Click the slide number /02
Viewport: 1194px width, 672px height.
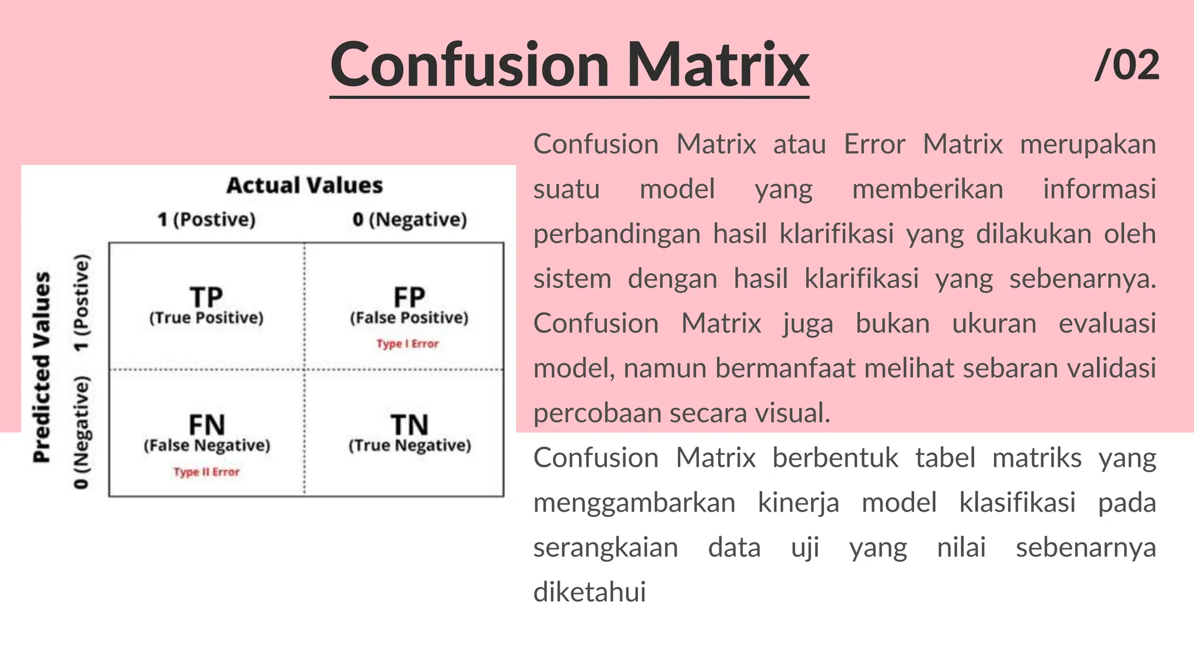click(x=1126, y=65)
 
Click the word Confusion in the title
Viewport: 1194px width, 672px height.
click(x=469, y=65)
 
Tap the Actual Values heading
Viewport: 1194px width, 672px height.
click(x=304, y=185)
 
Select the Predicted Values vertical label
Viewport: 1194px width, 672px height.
click(x=42, y=367)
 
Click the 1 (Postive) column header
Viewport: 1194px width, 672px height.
click(x=206, y=220)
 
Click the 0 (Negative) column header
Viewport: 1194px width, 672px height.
click(x=410, y=220)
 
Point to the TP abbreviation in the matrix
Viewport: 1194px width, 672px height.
click(x=206, y=297)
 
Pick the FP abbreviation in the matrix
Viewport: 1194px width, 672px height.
click(x=409, y=297)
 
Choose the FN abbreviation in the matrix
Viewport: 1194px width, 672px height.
click(x=206, y=425)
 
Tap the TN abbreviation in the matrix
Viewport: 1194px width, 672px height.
click(x=409, y=425)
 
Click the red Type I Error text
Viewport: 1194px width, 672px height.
click(x=408, y=344)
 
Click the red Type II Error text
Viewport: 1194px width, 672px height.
click(x=206, y=472)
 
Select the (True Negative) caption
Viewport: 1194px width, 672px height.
click(x=410, y=446)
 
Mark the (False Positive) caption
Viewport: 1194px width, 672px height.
click(x=409, y=318)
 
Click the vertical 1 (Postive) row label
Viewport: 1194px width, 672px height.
click(x=82, y=303)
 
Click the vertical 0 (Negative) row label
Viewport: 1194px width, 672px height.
click(x=82, y=432)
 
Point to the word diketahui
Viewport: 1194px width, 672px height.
click(x=589, y=592)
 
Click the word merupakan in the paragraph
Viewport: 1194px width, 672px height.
click(x=1087, y=144)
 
